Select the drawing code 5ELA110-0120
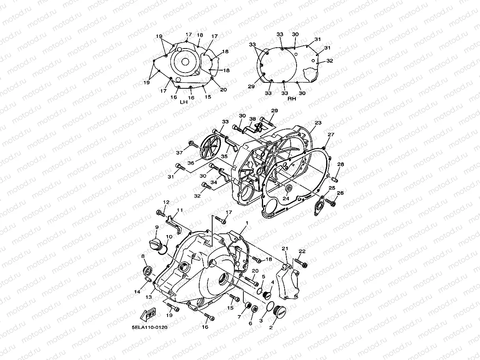tap(149, 327)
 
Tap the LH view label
tap(184, 102)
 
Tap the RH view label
tap(292, 99)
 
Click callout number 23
tap(318, 123)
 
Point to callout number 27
tap(331, 134)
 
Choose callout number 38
tap(252, 119)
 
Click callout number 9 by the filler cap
tap(157, 228)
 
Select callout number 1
tap(247, 223)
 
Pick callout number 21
tap(285, 248)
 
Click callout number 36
tap(191, 163)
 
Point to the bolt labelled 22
tap(301, 263)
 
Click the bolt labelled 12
tap(161, 213)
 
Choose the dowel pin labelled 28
tap(334, 180)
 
